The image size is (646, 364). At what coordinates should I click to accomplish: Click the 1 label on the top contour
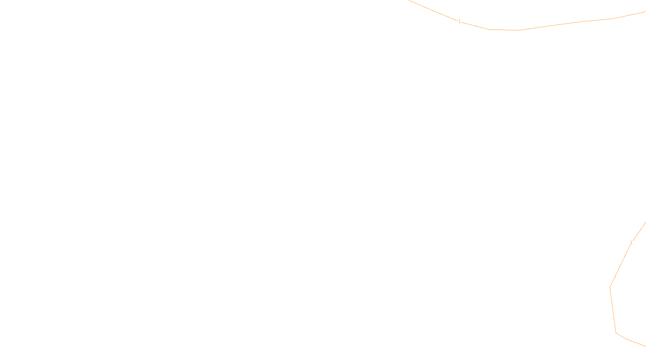point(459,21)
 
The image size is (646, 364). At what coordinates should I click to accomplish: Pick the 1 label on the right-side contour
point(631,243)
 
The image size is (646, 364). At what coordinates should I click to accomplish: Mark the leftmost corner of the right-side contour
point(610,288)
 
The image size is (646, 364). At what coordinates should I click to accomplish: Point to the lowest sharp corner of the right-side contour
point(616,333)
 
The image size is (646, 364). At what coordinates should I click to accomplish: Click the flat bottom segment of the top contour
point(505,30)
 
